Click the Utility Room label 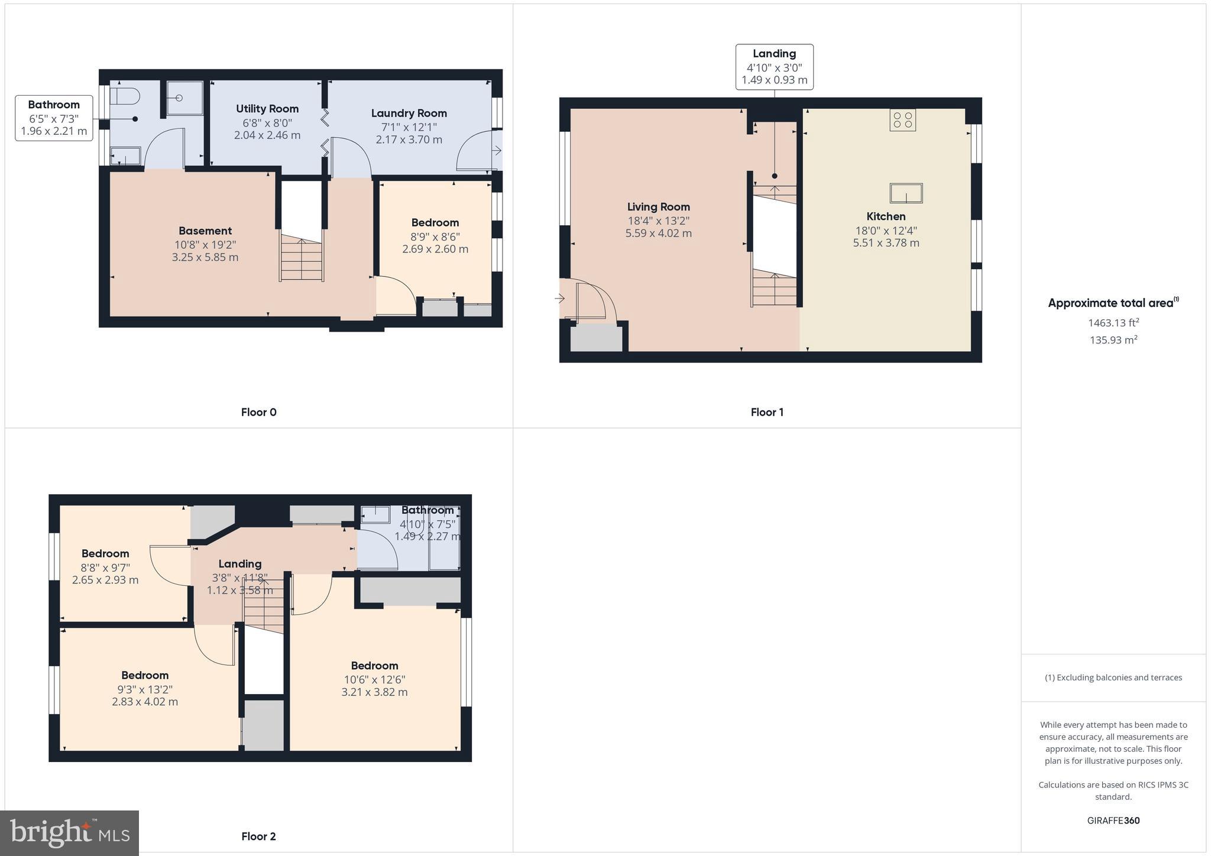point(267,109)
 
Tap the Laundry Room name point(409,113)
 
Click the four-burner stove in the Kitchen point(902,120)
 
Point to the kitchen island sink point(906,193)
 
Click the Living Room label point(658,207)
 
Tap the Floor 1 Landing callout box point(774,67)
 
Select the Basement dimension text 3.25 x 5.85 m point(205,257)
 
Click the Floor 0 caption point(258,412)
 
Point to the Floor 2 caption point(258,836)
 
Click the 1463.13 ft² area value point(1113,323)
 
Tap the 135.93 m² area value point(1113,340)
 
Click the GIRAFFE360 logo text point(1113,820)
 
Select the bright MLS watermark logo point(70,833)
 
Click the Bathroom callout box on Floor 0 point(54,118)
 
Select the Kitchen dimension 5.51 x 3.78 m point(886,243)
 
